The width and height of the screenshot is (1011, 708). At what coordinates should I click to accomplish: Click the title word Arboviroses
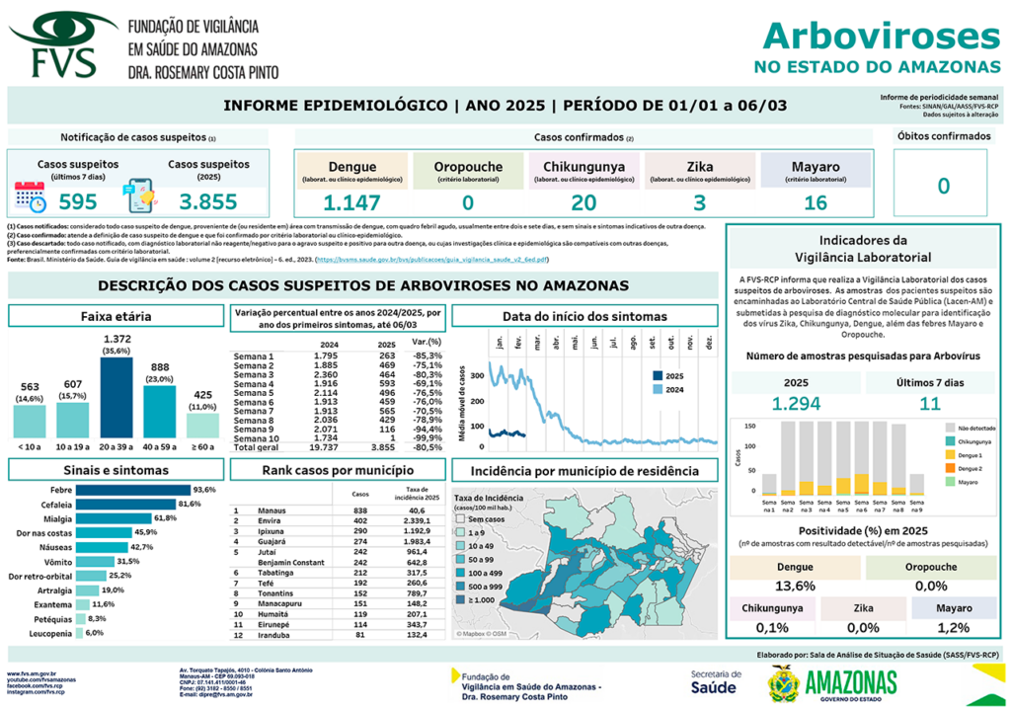pyautogui.click(x=881, y=37)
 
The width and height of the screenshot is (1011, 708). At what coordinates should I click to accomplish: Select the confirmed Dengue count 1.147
pyautogui.click(x=351, y=203)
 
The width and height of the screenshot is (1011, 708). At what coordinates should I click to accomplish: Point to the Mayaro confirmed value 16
pyautogui.click(x=815, y=203)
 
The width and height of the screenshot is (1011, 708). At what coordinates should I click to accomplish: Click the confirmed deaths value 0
pyautogui.click(x=943, y=187)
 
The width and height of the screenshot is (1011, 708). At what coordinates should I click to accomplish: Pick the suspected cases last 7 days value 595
pyautogui.click(x=78, y=202)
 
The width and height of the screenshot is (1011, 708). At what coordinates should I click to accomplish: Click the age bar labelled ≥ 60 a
pyautogui.click(x=202, y=426)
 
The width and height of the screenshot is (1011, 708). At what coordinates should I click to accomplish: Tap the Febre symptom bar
pyautogui.click(x=133, y=490)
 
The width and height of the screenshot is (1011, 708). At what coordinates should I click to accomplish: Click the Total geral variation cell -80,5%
pyautogui.click(x=427, y=447)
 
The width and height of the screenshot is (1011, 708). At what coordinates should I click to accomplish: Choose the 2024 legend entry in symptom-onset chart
pyautogui.click(x=673, y=389)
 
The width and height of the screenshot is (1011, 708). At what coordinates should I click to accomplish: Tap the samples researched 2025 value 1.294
pyautogui.click(x=796, y=403)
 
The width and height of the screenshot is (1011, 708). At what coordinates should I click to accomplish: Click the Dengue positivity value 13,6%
pyautogui.click(x=796, y=586)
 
